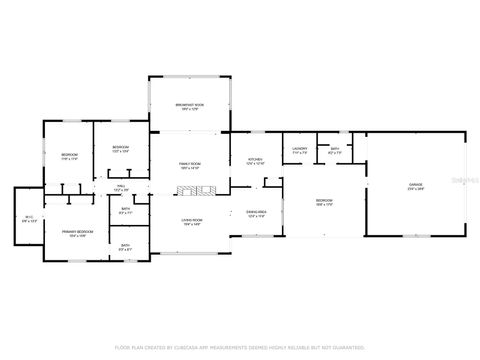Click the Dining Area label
coord(256,213)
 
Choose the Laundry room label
coord(299,151)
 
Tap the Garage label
coord(414,185)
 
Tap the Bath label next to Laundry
coord(335,151)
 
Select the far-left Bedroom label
coord(69,155)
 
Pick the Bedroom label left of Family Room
coord(120,149)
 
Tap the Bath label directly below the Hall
coord(125,210)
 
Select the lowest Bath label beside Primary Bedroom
coord(125,246)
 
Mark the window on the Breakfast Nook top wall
coord(189,76)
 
